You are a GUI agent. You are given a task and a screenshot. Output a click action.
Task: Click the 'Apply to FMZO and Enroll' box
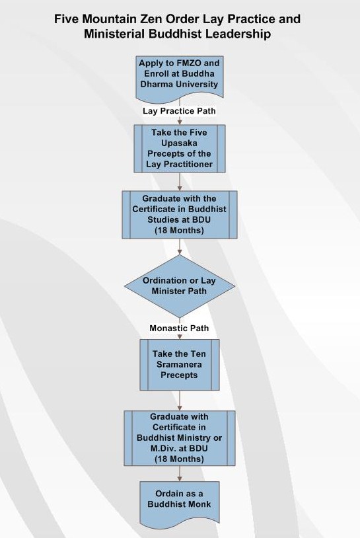click(x=180, y=77)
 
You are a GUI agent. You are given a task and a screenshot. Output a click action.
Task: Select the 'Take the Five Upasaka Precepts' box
click(x=180, y=149)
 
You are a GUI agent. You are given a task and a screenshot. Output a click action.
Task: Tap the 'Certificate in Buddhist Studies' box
click(x=180, y=215)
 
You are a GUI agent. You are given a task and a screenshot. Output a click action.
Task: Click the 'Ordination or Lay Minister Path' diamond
click(x=180, y=286)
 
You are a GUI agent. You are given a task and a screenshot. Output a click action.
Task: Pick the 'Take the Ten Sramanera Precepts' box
click(x=180, y=365)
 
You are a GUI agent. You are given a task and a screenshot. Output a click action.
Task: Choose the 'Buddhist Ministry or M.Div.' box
click(x=180, y=438)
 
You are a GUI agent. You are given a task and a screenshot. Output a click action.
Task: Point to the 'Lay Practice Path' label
click(x=179, y=111)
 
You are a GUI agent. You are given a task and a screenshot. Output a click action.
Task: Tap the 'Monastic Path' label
click(x=179, y=328)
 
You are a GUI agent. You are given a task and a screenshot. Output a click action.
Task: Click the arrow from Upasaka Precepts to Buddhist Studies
click(x=180, y=182)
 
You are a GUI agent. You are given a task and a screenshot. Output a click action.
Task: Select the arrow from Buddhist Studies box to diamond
click(x=180, y=247)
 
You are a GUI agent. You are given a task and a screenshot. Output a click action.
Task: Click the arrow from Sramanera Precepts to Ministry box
click(x=180, y=401)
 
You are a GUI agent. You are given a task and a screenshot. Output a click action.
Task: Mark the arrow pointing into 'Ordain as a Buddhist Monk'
click(x=180, y=474)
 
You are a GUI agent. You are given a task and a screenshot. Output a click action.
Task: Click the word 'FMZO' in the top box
click(x=190, y=63)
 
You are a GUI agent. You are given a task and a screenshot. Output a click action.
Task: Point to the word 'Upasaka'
click(x=179, y=143)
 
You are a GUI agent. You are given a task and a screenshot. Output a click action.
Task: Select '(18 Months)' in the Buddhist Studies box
click(x=179, y=230)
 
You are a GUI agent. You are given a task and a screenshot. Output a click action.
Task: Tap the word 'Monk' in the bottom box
click(x=199, y=504)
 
